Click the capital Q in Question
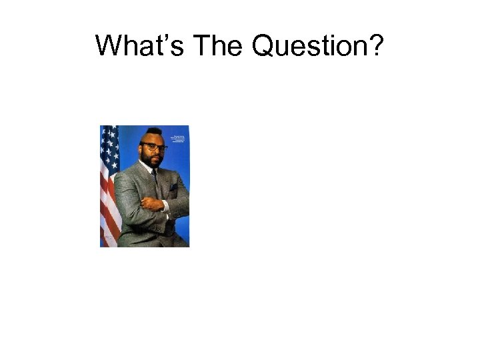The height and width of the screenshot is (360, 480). pos(263,46)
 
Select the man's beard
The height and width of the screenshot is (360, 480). pos(153,162)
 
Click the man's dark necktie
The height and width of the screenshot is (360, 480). pos(155,176)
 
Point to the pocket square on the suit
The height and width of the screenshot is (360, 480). pos(173,187)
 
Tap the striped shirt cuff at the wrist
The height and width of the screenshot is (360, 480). pos(166,206)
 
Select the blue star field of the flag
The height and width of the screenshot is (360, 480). pos(109,143)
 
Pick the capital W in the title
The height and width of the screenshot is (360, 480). pos(107,45)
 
